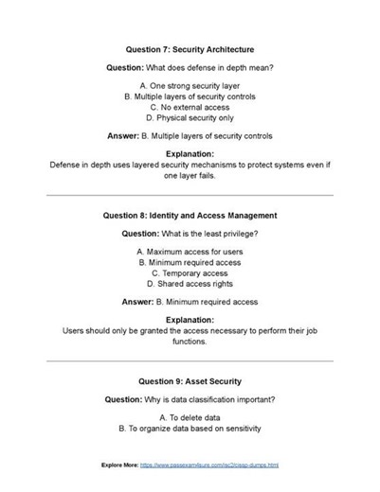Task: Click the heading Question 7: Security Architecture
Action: (190, 47)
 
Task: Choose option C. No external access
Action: (190, 107)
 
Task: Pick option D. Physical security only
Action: (190, 118)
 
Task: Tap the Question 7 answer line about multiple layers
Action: (190, 136)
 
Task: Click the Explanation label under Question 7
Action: (190, 153)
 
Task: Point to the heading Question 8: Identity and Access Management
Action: (190, 215)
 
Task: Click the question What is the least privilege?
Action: (190, 233)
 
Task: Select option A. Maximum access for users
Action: (190, 252)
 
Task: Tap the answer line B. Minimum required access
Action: (190, 302)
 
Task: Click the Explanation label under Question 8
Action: (190, 320)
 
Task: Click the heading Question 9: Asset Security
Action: (190, 380)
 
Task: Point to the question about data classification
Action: (190, 399)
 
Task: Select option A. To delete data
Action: (190, 417)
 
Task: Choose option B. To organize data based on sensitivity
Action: (190, 429)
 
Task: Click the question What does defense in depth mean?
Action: (190, 67)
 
